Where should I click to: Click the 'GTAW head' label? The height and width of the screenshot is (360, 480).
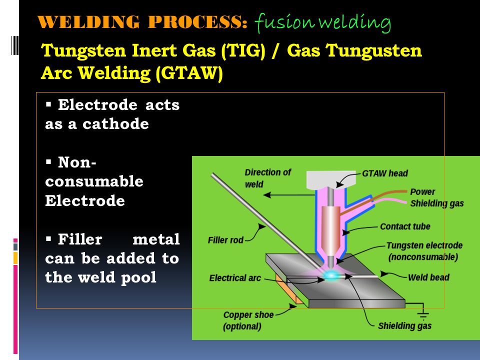point(385,173)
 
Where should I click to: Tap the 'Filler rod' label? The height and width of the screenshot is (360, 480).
point(225,240)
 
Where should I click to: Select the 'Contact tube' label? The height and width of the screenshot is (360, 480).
point(405,226)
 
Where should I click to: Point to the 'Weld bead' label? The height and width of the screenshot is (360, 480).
point(428,277)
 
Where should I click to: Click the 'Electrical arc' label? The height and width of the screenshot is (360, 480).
point(235,278)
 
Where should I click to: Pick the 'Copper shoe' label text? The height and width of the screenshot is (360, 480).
point(248,314)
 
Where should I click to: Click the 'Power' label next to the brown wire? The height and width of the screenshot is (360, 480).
point(422,191)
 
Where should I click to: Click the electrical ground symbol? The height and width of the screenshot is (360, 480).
point(423,314)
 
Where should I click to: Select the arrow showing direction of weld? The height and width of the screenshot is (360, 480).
point(289,194)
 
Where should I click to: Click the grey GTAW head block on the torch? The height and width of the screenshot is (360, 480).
point(331,179)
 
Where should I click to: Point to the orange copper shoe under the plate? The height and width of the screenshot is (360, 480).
point(289,289)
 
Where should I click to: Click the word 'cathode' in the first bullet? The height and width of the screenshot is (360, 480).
point(115,124)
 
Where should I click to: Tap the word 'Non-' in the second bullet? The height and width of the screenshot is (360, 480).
point(77,162)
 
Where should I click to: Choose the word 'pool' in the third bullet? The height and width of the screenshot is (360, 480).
point(138,278)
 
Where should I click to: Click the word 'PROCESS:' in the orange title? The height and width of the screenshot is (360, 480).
point(197,22)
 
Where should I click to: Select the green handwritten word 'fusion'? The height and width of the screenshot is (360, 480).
point(284,22)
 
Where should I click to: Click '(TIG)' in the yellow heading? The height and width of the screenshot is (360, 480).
point(243,50)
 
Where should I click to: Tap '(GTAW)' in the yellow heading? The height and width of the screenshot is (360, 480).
point(189,73)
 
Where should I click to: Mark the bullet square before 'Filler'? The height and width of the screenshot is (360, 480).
point(48,238)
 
